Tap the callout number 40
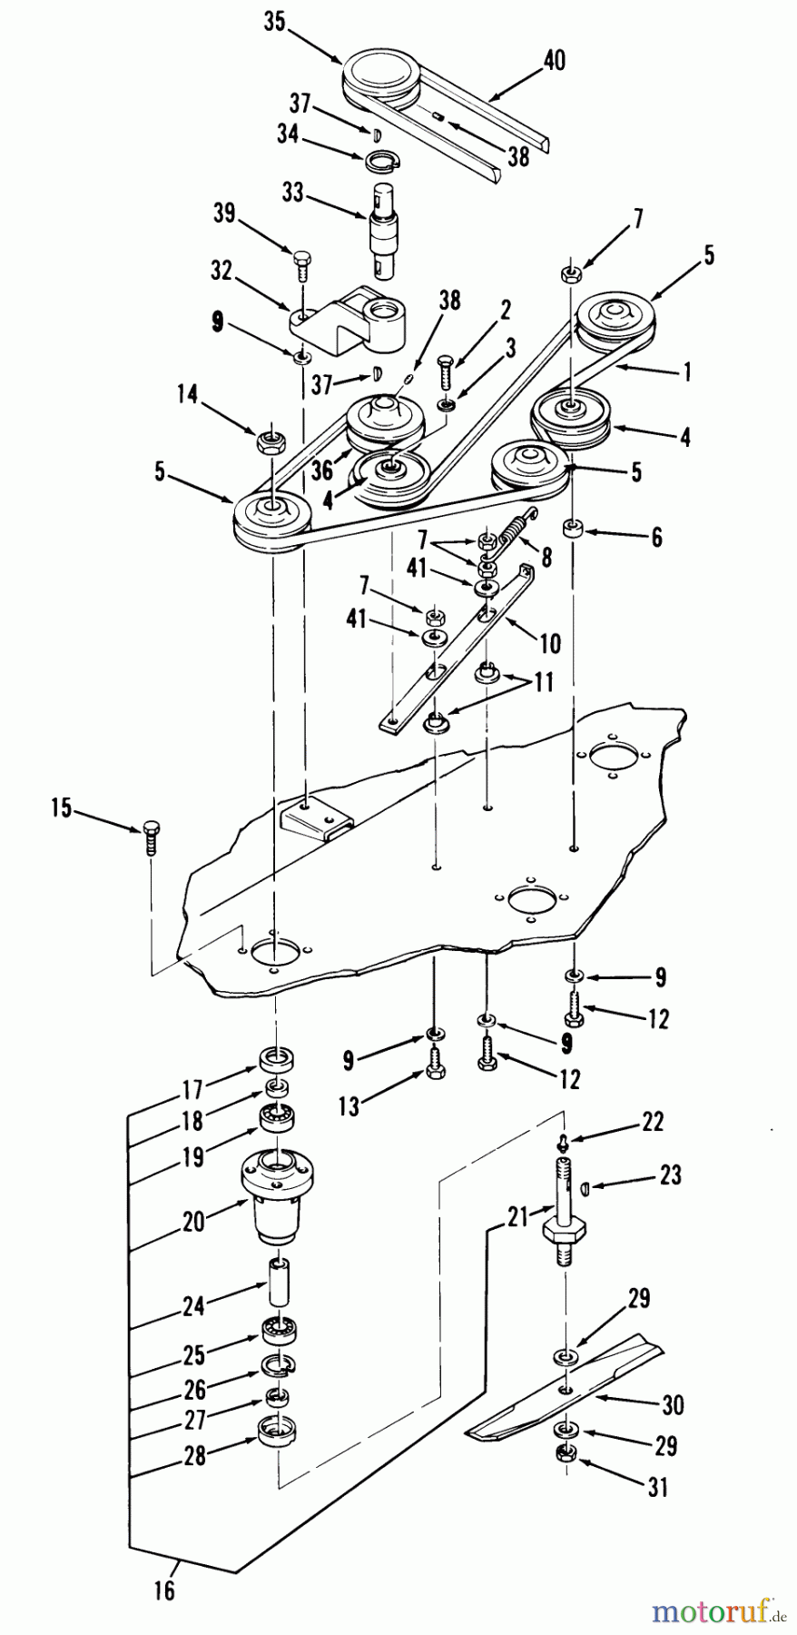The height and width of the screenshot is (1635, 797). tap(553, 61)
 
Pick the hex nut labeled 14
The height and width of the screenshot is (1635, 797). tap(269, 442)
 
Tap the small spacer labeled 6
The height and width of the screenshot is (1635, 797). tap(573, 529)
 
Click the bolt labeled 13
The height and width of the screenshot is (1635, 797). tap(435, 1065)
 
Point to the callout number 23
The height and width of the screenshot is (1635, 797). tap(669, 1174)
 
